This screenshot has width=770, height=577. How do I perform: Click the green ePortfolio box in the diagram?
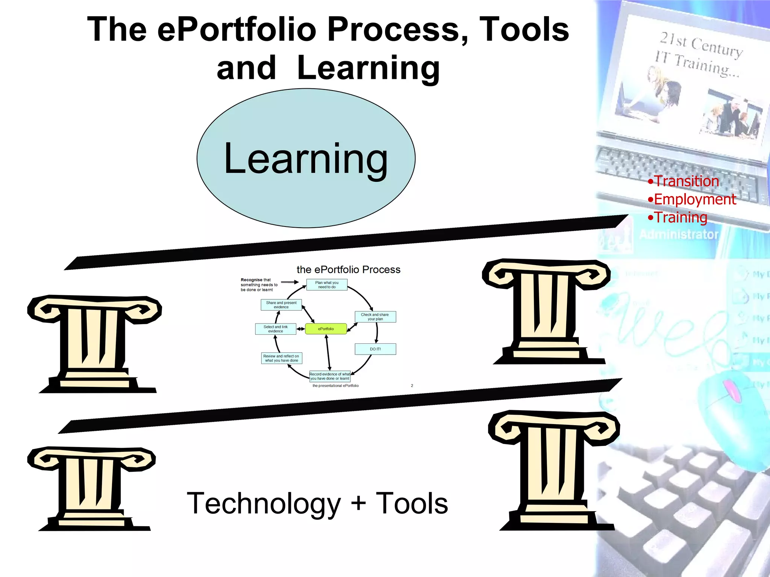click(x=326, y=329)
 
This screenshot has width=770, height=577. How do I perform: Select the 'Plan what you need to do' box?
click(x=327, y=285)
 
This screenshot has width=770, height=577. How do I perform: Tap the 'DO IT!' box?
click(x=375, y=349)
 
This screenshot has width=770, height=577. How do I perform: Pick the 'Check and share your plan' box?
click(x=375, y=317)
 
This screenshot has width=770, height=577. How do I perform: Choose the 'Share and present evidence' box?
click(x=281, y=305)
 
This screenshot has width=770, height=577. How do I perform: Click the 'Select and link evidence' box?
click(x=276, y=329)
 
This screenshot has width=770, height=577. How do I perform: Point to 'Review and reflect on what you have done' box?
click(x=282, y=358)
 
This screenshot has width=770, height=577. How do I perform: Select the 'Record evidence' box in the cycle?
click(x=330, y=376)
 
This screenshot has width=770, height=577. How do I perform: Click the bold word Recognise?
click(x=252, y=280)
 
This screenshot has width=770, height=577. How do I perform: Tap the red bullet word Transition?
click(x=687, y=181)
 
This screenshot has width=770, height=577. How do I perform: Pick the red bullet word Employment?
click(x=695, y=199)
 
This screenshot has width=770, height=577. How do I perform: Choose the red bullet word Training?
click(x=681, y=218)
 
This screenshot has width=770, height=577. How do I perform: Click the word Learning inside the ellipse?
click(x=306, y=159)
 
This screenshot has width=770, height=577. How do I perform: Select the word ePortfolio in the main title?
click(x=237, y=30)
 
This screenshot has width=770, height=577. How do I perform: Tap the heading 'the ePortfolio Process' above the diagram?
click(x=348, y=270)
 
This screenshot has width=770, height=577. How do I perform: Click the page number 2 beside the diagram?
click(x=412, y=385)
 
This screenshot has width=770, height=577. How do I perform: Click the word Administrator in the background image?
click(x=679, y=234)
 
